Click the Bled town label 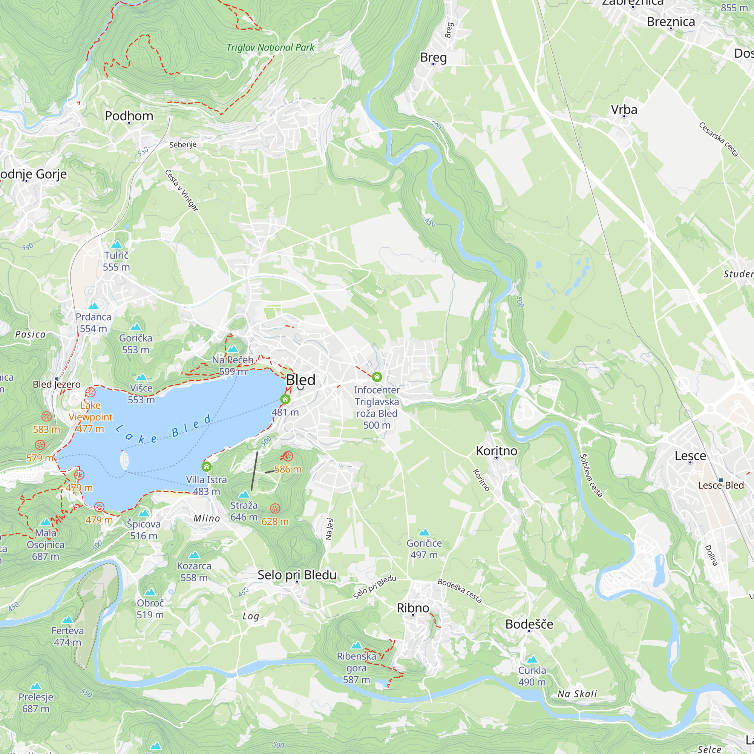click(300, 380)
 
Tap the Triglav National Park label click(270, 48)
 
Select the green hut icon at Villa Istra click(207, 466)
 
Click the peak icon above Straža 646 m click(244, 495)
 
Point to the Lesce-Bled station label click(721, 485)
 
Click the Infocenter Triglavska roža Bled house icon click(377, 377)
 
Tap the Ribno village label click(413, 608)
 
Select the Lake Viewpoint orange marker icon click(90, 392)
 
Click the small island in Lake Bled click(125, 461)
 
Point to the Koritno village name click(497, 451)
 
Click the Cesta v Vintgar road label click(181, 190)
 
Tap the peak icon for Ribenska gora click(356, 645)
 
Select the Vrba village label click(624, 110)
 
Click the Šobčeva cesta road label click(591, 475)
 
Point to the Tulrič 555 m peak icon click(116, 245)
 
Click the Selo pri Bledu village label click(297, 575)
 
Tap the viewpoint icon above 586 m click(288, 456)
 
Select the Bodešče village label click(529, 624)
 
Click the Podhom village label click(129, 116)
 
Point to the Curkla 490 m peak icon click(532, 659)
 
